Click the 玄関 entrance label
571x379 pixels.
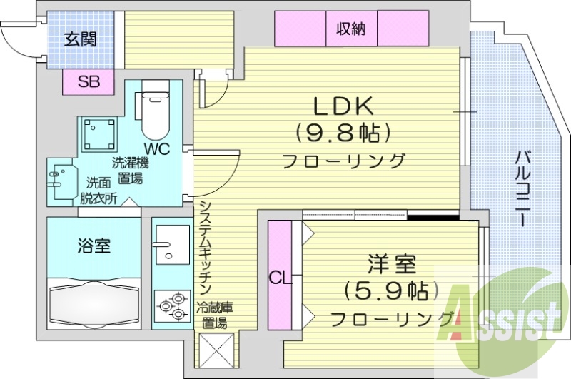(x=80, y=39)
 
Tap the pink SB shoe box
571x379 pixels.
(x=89, y=81)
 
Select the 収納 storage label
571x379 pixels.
(x=351, y=29)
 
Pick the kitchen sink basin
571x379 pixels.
(x=170, y=246)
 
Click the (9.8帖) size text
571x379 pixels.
(x=345, y=133)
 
